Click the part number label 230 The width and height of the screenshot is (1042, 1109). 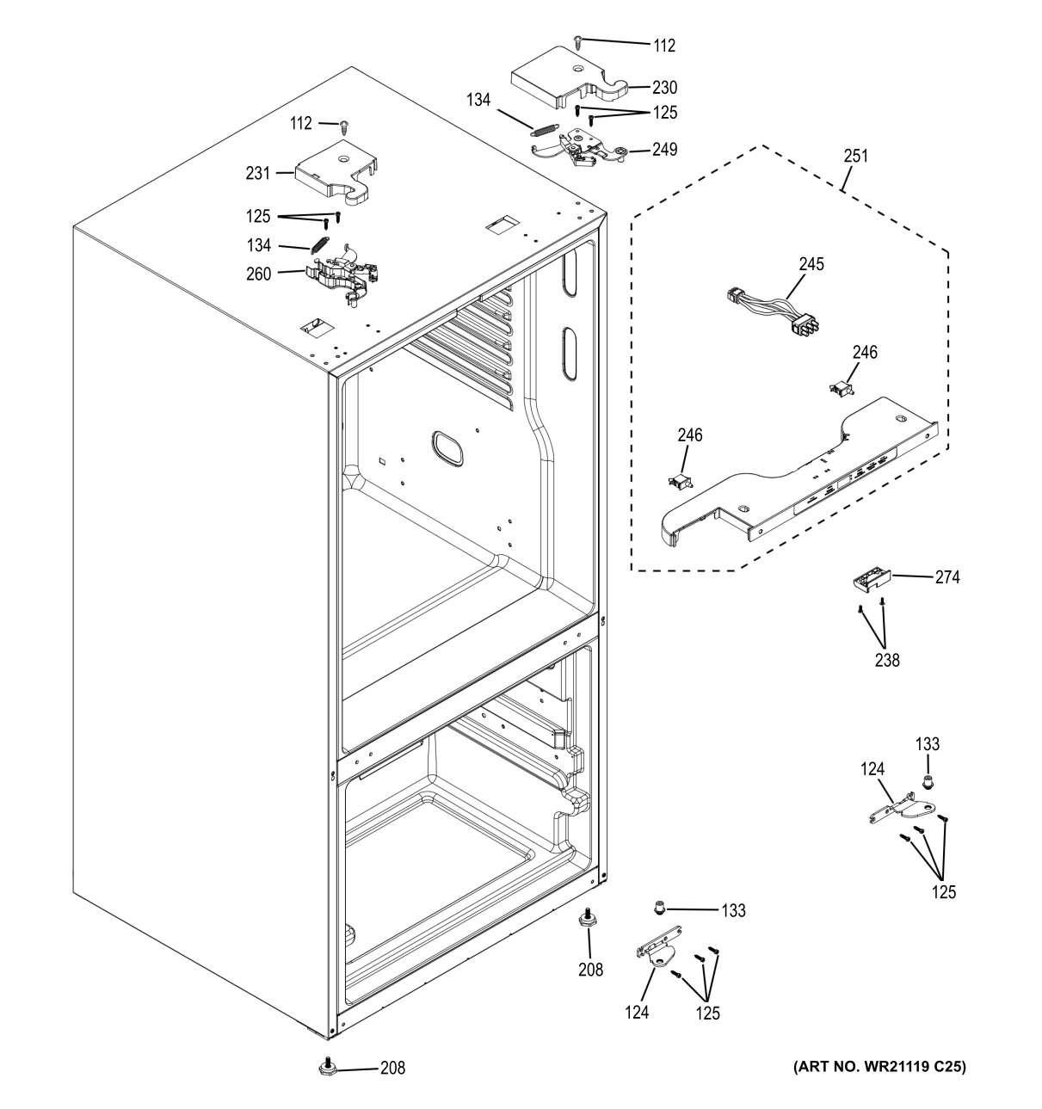[664, 87]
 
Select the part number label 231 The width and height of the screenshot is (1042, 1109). [257, 173]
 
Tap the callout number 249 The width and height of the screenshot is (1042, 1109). [664, 149]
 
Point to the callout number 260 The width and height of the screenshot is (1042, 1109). [258, 274]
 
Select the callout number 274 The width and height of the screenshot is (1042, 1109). [947, 577]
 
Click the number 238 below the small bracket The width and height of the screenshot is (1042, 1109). [887, 661]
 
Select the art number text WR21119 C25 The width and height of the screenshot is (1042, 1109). [879, 1067]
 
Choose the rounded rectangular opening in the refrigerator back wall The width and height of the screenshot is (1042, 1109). [444, 447]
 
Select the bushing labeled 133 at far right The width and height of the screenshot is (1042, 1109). [928, 782]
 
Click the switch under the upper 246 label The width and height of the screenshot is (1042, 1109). [839, 389]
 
